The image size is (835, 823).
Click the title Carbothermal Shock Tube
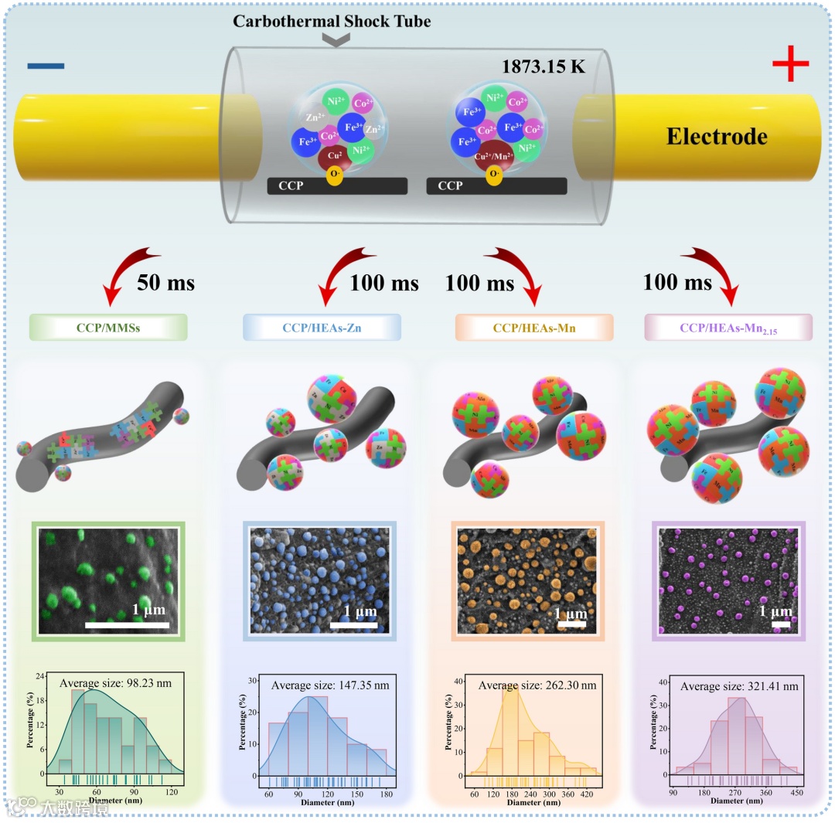point(332,21)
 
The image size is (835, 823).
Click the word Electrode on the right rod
point(717,137)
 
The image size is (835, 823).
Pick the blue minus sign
point(46,66)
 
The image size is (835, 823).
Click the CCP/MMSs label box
point(108,327)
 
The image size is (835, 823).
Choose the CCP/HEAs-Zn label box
point(322,327)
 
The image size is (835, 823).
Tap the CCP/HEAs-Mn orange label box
point(534,327)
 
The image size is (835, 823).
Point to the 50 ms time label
point(166,283)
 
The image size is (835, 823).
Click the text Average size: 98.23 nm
point(114,682)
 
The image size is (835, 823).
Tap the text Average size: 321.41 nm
point(738,685)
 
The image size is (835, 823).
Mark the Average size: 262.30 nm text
point(537,685)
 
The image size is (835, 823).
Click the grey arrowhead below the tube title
point(335,40)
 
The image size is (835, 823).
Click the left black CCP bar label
point(279,186)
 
